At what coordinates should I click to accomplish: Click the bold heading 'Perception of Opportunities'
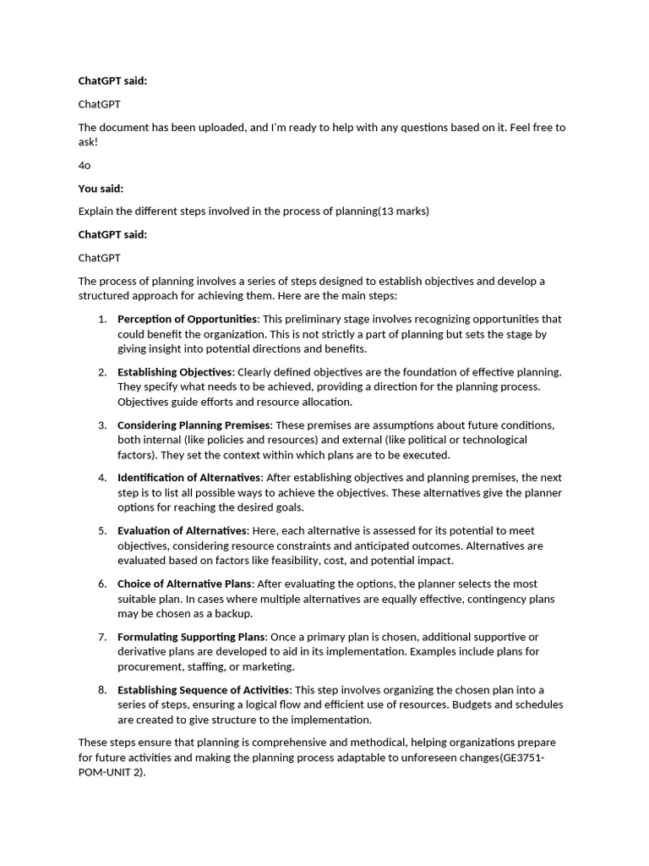(187, 319)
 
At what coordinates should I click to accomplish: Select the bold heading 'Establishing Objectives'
(174, 372)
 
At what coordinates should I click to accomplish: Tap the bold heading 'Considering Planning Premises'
(194, 425)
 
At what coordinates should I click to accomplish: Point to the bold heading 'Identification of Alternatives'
(189, 478)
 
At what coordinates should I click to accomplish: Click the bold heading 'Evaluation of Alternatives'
(183, 530)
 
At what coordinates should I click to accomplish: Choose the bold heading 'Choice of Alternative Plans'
(184, 584)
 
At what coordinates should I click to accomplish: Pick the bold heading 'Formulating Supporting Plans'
(191, 637)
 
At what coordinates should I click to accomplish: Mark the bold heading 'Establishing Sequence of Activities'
(204, 690)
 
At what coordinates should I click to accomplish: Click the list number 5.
(101, 530)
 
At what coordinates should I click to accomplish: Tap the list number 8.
(101, 690)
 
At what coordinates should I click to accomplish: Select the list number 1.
(101, 319)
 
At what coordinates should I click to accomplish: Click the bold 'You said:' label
(101, 189)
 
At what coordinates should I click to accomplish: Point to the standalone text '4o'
(85, 165)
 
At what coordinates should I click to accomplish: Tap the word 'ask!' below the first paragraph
(89, 142)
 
